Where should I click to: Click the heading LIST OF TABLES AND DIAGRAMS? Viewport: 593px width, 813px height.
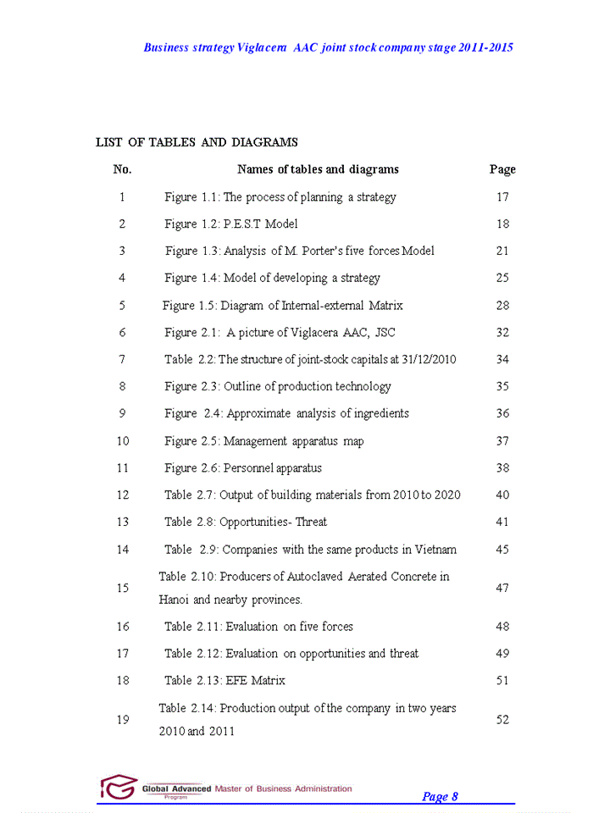click(197, 142)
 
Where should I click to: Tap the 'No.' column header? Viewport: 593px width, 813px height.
click(122, 169)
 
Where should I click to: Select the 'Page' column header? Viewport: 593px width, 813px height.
click(502, 169)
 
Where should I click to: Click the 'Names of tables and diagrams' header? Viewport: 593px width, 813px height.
click(318, 169)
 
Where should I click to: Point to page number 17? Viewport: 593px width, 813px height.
click(502, 197)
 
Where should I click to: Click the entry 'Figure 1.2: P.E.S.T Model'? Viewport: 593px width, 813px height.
click(231, 224)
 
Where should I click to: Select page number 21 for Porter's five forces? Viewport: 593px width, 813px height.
click(502, 252)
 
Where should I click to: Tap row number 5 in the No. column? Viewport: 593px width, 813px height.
click(122, 306)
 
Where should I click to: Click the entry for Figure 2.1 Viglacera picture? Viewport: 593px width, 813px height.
click(280, 333)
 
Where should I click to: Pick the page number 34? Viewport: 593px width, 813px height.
click(502, 360)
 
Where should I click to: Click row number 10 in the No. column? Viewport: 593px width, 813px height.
click(123, 441)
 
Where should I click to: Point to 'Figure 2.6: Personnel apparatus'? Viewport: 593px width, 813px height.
click(243, 468)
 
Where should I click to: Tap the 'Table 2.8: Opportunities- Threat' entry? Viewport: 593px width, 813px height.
click(246, 523)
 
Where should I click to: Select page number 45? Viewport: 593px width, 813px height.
click(502, 550)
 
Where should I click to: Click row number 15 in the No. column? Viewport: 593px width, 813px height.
click(123, 589)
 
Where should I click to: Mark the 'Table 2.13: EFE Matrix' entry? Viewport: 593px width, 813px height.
click(224, 681)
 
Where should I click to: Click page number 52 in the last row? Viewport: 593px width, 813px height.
click(502, 720)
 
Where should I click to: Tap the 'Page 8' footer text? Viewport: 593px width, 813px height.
click(440, 797)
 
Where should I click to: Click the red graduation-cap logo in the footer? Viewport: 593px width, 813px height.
click(119, 788)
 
